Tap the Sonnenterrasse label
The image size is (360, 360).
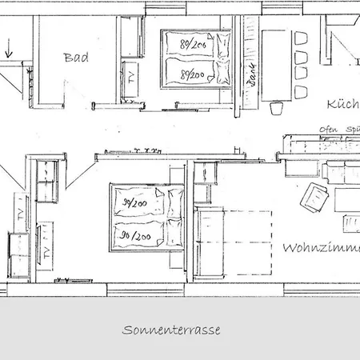pyautogui.click(x=171, y=329)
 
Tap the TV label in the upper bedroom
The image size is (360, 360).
pyautogui.click(x=131, y=78)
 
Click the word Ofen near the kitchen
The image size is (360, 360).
pyautogui.click(x=328, y=130)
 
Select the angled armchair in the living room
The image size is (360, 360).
pyautogui.click(x=318, y=194)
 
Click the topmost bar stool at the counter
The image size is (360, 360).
pyautogui.click(x=301, y=38)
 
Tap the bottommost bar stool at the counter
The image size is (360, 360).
pyautogui.click(x=301, y=91)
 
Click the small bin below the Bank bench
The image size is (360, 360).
pyautogui.click(x=277, y=106)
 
